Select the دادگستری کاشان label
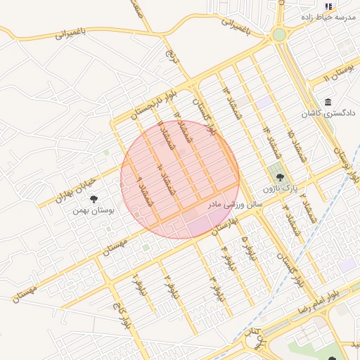pyautogui.click(x=329, y=112)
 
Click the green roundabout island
pyautogui.click(x=280, y=34)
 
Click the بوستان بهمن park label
pyautogui.click(x=94, y=210)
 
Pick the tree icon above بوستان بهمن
pyautogui.click(x=94, y=199)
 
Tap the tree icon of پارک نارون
pyautogui.click(x=281, y=178)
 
